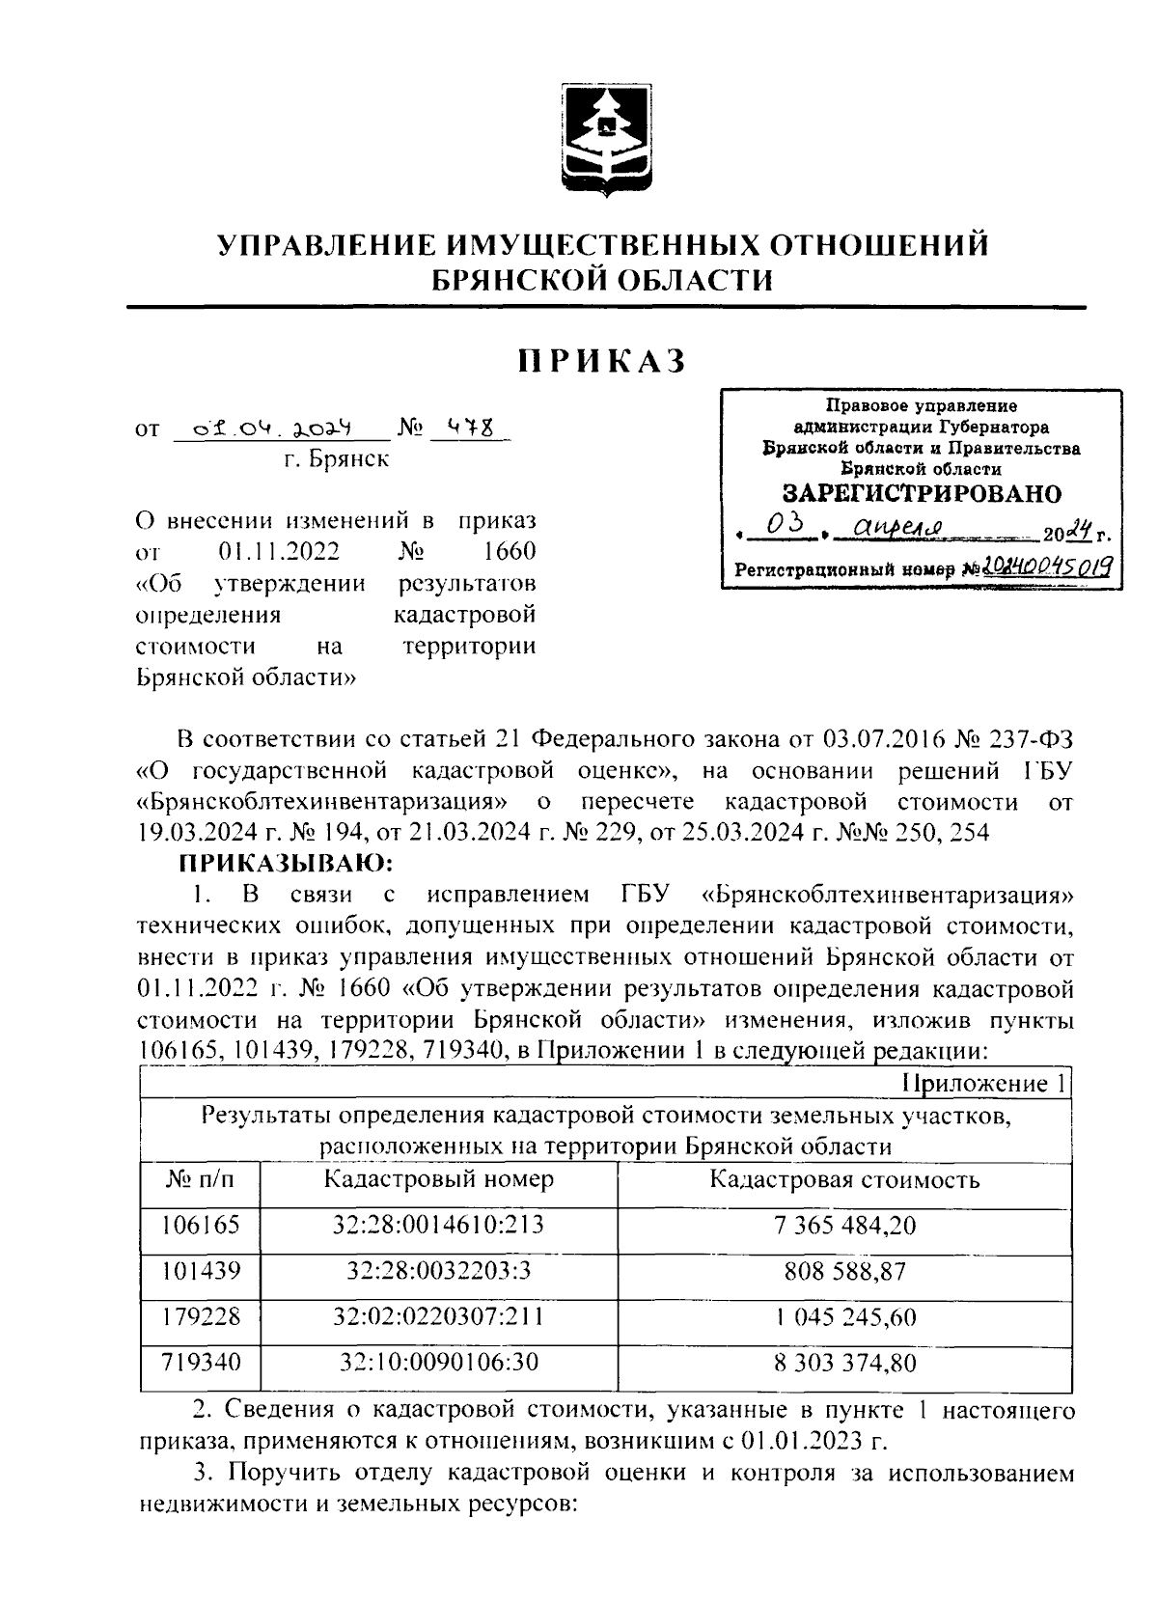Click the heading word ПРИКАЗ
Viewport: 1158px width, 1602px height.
pyautogui.click(x=602, y=362)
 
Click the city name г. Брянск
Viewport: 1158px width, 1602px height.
pyautogui.click(x=337, y=459)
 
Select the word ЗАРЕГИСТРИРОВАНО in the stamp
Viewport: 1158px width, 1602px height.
pyautogui.click(x=921, y=493)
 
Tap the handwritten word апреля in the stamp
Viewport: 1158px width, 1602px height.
pyautogui.click(x=891, y=530)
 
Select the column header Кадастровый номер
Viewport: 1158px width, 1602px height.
pyautogui.click(x=438, y=1178)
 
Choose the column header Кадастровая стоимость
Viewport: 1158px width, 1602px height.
pyautogui.click(x=844, y=1178)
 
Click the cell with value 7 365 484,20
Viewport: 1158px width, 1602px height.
pyautogui.click(x=844, y=1225)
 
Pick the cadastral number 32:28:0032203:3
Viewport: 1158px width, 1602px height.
pyautogui.click(x=438, y=1271)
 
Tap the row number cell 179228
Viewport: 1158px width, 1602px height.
pyautogui.click(x=201, y=1317)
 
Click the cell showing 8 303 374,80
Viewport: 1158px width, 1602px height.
pyautogui.click(x=844, y=1363)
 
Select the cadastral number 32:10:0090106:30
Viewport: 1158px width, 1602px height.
pyautogui.click(x=438, y=1363)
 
